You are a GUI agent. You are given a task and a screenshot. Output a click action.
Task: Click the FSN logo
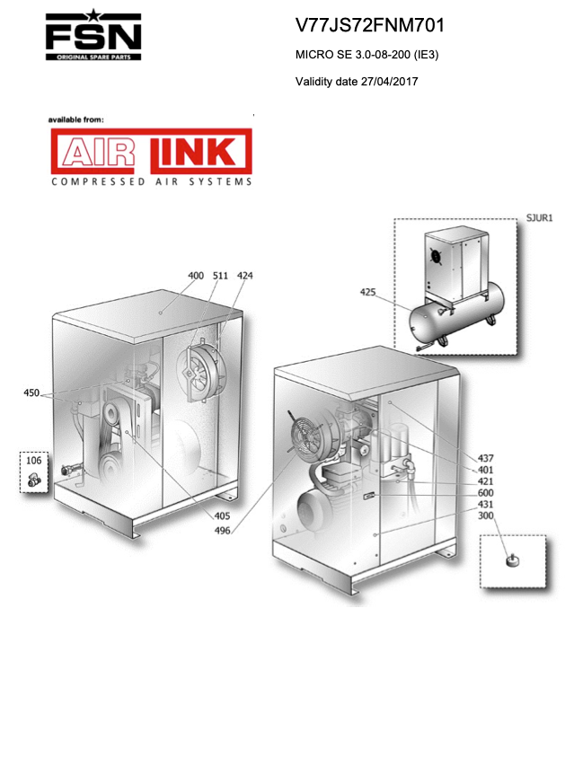[x=93, y=35]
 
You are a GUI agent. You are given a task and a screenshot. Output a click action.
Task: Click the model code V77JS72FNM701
[x=370, y=25]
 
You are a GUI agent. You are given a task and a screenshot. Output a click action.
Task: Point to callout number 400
[x=196, y=276]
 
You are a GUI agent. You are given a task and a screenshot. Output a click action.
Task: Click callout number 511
[x=220, y=276]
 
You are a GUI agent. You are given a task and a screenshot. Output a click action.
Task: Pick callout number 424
[x=245, y=276]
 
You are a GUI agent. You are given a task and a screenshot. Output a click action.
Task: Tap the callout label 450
[x=31, y=392]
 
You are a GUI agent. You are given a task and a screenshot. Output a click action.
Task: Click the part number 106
[x=34, y=461]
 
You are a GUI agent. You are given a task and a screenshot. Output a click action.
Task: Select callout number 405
[x=222, y=516]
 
